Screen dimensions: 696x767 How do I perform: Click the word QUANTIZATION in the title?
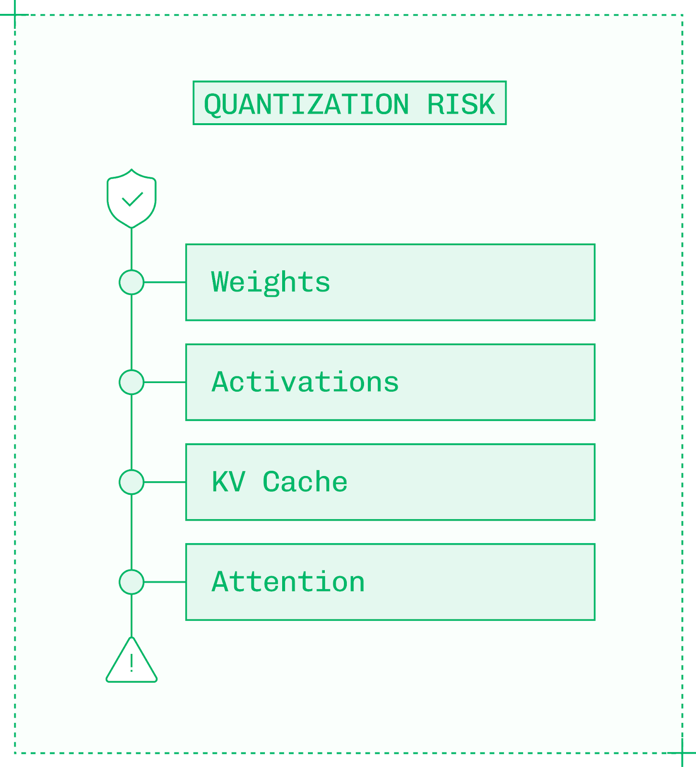click(x=307, y=104)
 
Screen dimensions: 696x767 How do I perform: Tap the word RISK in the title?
click(x=461, y=104)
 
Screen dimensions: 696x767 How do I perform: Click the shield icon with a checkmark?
click(x=131, y=198)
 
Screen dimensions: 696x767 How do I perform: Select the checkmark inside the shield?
click(x=132, y=199)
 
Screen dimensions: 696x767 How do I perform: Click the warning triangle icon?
click(x=131, y=662)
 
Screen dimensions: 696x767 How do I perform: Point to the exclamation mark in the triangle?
click(x=131, y=664)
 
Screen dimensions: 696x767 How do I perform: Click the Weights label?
click(x=271, y=282)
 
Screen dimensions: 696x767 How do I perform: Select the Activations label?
click(x=305, y=382)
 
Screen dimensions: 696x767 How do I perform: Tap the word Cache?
click(x=305, y=482)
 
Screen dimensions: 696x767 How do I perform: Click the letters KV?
click(x=228, y=482)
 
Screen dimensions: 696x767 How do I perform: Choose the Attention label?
click(x=288, y=582)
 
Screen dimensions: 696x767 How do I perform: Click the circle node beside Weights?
click(x=131, y=282)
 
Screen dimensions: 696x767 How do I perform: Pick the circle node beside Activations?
click(x=131, y=382)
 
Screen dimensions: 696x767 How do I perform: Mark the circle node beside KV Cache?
click(x=131, y=482)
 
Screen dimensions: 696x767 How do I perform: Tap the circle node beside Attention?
click(x=131, y=582)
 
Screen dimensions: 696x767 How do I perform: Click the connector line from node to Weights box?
click(x=165, y=282)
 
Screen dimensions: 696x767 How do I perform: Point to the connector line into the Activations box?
click(x=165, y=382)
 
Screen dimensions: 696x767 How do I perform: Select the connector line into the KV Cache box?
click(x=165, y=482)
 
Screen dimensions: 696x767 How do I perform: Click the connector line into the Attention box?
click(x=165, y=582)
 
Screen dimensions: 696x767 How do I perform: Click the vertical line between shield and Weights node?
click(x=131, y=249)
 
